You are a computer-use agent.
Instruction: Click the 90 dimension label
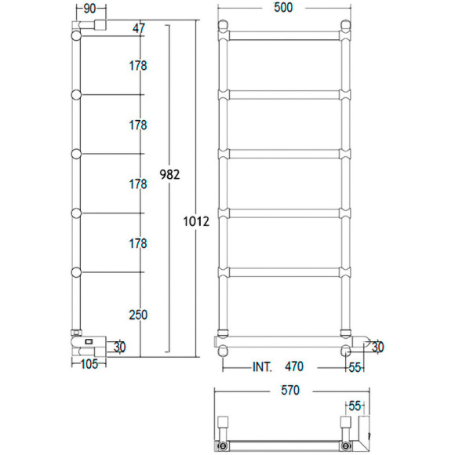[x=89, y=9]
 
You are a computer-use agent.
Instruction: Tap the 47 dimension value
[x=139, y=28]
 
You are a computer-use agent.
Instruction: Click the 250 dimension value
[x=137, y=315]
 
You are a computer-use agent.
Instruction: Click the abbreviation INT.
[x=262, y=367]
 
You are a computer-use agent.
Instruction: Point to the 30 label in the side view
[x=120, y=347]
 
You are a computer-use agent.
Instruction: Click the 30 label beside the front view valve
[x=377, y=347]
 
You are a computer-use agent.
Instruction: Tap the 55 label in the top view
[x=355, y=406]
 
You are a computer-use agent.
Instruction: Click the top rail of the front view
[x=285, y=34]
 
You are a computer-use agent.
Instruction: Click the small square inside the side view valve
[x=88, y=341]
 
